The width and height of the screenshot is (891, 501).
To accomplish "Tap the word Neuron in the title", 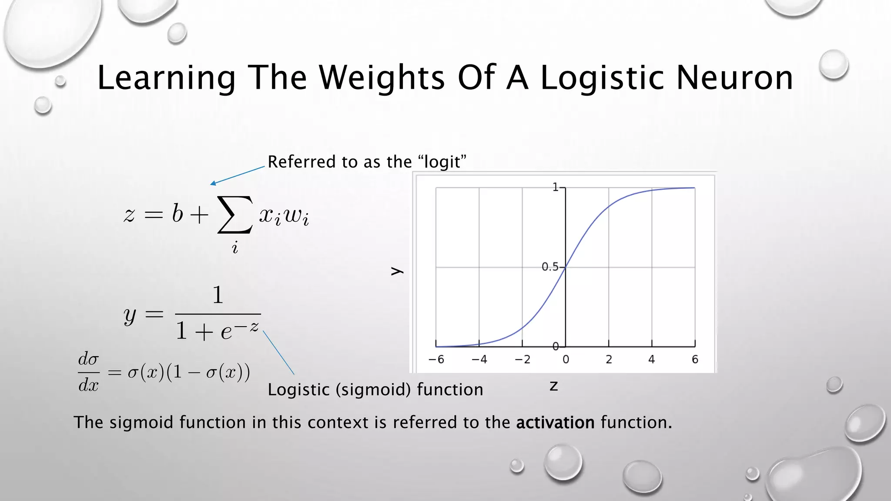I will (x=735, y=78).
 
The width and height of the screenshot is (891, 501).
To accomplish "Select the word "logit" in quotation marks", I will (x=442, y=162).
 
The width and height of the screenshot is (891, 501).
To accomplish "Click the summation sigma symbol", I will (x=234, y=214).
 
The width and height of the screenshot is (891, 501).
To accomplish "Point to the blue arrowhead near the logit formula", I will (x=213, y=184).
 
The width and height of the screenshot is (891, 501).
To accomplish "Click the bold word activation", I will (x=555, y=422).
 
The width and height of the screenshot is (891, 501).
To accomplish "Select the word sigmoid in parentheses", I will (x=373, y=389).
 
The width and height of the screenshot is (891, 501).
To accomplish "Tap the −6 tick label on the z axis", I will (x=436, y=359).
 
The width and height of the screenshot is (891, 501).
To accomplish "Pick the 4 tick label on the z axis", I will (x=651, y=359).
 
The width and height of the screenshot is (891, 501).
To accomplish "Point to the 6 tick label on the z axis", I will (x=695, y=359).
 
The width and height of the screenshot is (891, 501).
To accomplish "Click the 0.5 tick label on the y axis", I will (x=550, y=267).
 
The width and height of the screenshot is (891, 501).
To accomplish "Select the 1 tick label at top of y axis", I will (x=555, y=187).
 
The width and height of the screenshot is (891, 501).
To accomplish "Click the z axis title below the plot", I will (x=553, y=386).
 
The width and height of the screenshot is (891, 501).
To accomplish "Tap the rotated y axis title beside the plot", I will (x=397, y=271).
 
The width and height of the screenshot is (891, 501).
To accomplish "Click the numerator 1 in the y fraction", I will (x=218, y=295).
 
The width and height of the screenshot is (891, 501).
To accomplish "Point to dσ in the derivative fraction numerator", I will (x=88, y=359).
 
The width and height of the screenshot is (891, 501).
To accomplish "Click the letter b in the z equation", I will (x=177, y=214).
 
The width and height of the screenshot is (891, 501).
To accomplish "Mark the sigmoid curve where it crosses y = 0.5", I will (x=566, y=267).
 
